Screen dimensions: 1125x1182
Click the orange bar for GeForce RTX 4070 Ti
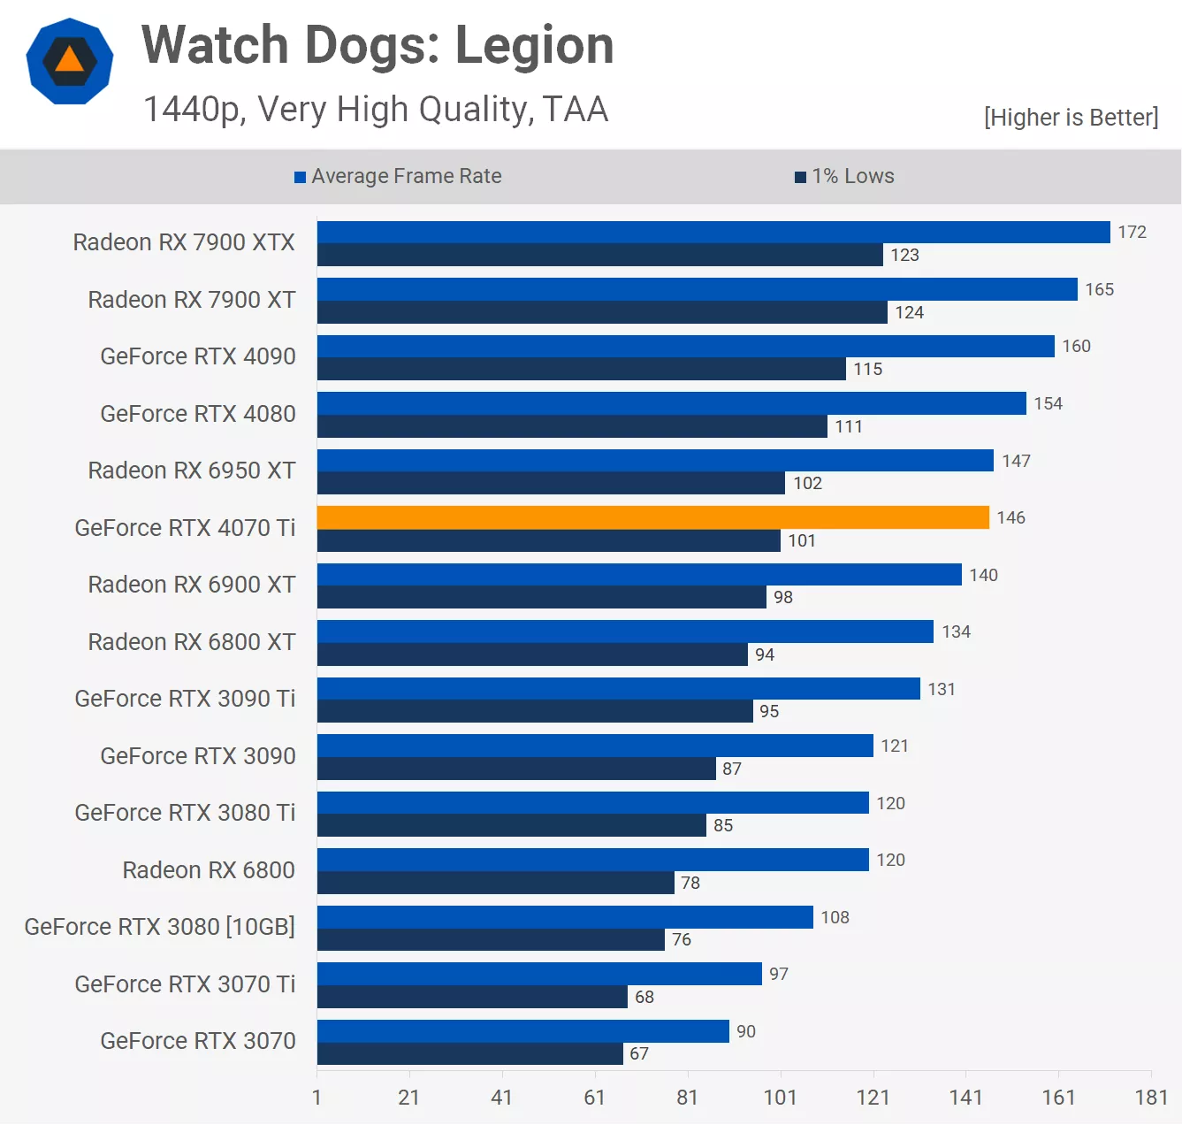[652, 517]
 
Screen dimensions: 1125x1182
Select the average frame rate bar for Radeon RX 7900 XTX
[713, 232]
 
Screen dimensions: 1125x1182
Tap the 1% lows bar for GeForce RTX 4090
[581, 369]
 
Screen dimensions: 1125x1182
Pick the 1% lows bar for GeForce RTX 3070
[469, 1053]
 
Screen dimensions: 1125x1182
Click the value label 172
[1132, 232]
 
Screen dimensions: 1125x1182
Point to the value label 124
[909, 312]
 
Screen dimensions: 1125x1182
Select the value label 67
[639, 1053]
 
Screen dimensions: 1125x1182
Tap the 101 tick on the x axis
[781, 1098]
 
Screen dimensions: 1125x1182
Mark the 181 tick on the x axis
[1151, 1098]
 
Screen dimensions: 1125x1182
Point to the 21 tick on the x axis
[408, 1098]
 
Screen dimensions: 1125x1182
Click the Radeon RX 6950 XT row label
[192, 471]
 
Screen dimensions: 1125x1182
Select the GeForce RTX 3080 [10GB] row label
[160, 927]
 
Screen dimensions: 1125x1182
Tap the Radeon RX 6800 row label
[209, 870]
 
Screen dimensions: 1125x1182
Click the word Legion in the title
[534, 45]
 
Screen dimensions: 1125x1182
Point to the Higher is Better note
[1071, 118]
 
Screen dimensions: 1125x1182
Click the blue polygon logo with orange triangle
[70, 61]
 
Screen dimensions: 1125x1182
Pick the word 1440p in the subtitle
[194, 110]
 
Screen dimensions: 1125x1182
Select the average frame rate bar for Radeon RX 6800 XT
[625, 631]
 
